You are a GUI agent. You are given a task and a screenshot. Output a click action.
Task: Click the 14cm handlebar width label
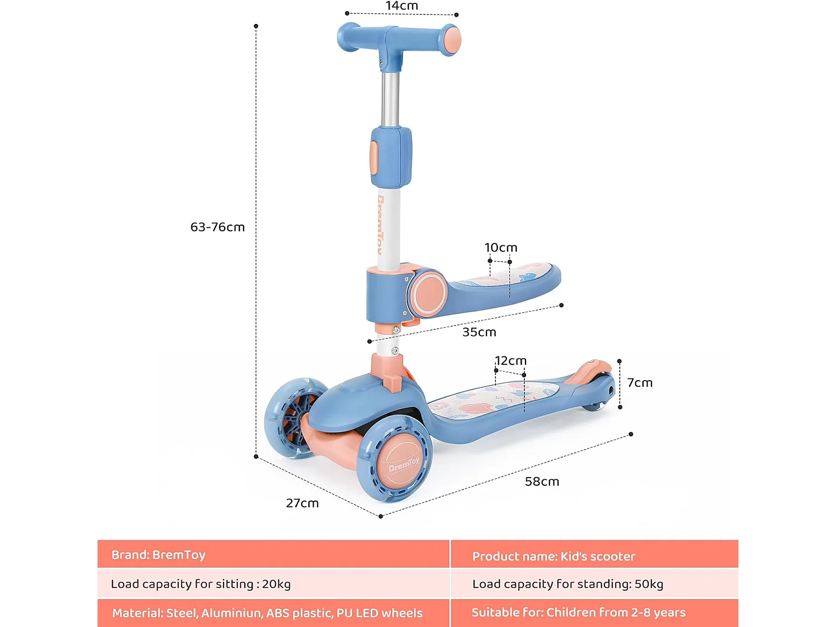(x=401, y=6)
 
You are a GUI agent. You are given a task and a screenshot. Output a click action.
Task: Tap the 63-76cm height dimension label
(x=217, y=227)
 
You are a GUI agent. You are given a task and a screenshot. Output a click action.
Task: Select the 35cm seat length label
(x=479, y=332)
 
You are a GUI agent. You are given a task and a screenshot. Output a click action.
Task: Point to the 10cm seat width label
(x=500, y=247)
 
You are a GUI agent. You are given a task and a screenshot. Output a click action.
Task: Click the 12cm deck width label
(x=511, y=361)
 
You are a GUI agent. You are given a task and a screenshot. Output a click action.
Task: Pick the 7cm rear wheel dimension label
(x=639, y=383)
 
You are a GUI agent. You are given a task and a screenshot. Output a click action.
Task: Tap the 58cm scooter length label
(x=542, y=482)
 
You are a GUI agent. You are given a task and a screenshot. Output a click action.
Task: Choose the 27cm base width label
(x=302, y=503)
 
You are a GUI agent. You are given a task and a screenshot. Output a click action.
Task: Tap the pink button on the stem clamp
(x=373, y=158)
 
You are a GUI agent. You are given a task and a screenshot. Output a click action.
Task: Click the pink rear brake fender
(x=592, y=370)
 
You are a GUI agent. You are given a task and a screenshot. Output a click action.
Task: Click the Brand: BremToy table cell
(x=159, y=555)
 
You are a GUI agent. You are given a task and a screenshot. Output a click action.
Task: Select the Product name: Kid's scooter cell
(x=553, y=556)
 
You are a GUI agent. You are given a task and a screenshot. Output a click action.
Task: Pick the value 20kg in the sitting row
(x=276, y=584)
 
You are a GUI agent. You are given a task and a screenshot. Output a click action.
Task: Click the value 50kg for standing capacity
(x=649, y=584)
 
